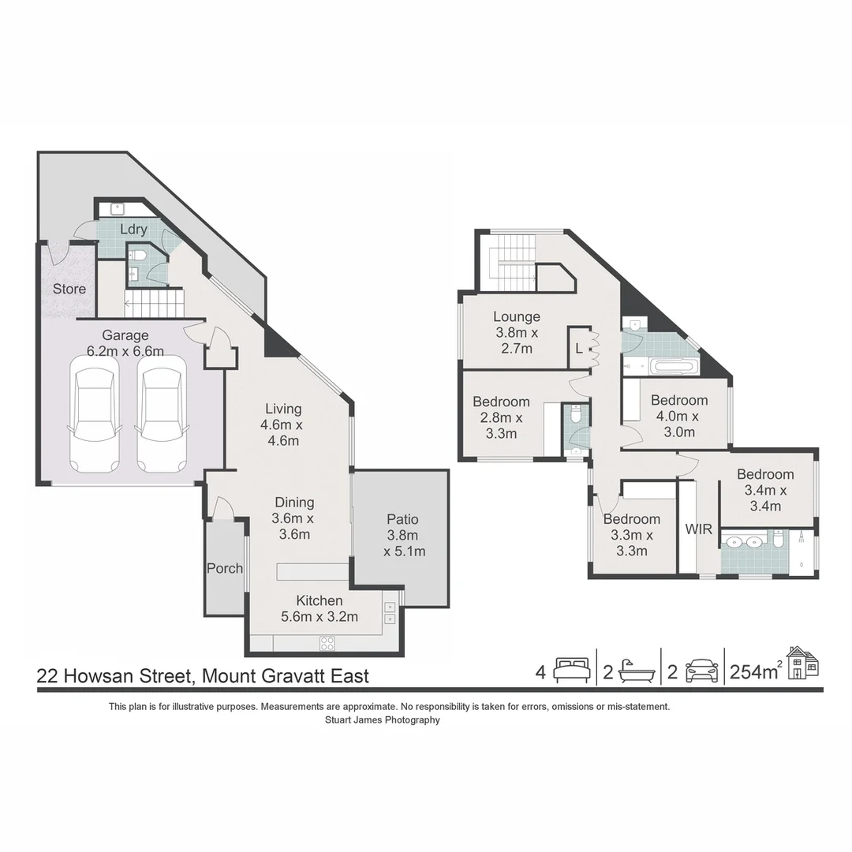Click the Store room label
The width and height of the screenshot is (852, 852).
69,289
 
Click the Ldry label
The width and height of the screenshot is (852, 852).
133,229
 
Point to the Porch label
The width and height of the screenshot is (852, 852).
225,568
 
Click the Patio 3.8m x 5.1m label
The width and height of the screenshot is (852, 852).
402,535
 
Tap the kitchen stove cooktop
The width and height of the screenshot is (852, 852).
327,642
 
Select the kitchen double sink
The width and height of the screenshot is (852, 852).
390,614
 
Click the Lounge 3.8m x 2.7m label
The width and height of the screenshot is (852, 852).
517,333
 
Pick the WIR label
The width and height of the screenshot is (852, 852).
699,528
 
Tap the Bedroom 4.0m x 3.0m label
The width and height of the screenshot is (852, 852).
678,416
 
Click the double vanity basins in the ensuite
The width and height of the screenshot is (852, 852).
743,542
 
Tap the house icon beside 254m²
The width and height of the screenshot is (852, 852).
802,663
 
